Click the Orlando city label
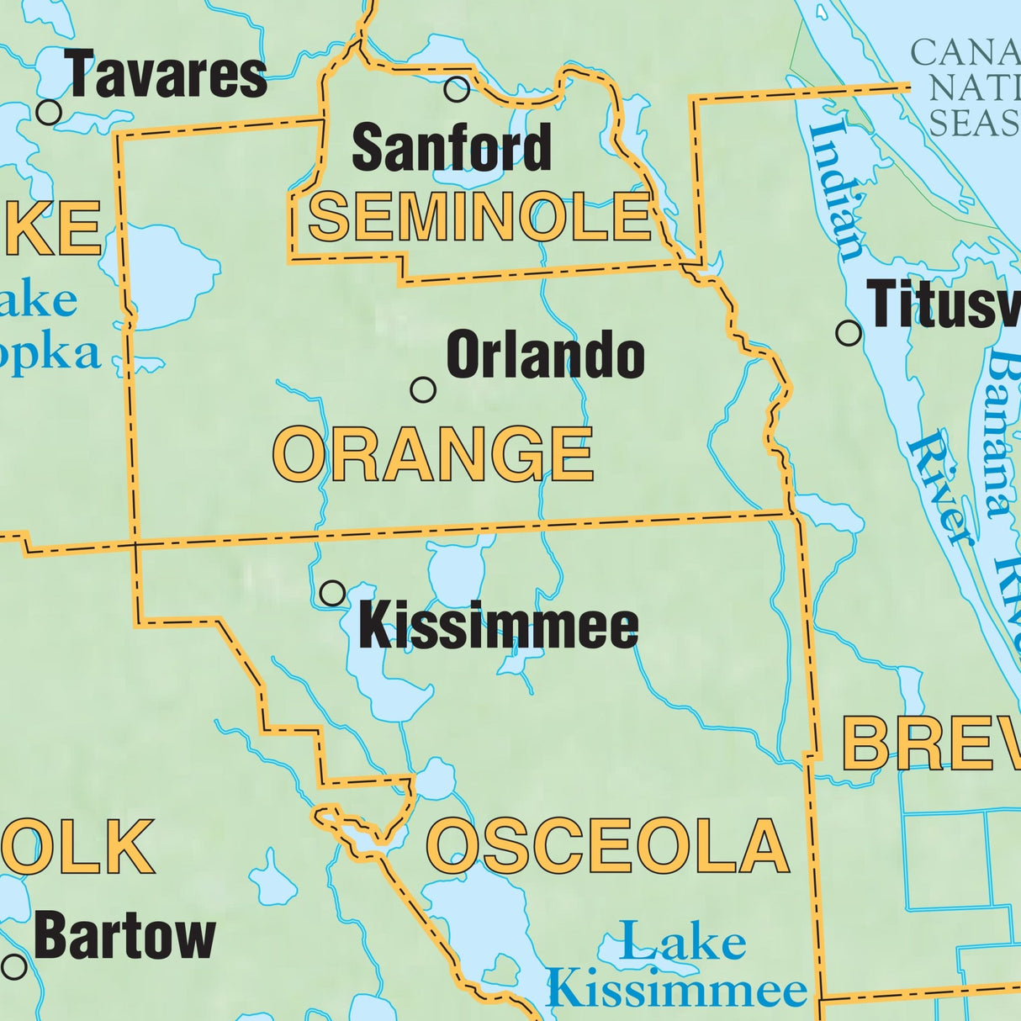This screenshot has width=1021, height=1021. (x=545, y=356)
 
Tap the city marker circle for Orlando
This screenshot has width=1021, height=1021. (x=423, y=389)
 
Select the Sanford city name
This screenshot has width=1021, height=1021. (x=452, y=148)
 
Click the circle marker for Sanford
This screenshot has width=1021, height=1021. (x=457, y=89)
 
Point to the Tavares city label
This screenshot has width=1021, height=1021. (x=167, y=75)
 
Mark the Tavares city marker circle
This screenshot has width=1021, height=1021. (x=50, y=111)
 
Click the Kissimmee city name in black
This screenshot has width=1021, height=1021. (x=499, y=627)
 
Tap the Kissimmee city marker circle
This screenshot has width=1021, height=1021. (x=333, y=593)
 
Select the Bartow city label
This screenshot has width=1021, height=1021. (x=125, y=937)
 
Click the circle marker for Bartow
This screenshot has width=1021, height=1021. (x=14, y=966)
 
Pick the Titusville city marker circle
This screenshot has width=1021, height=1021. (x=849, y=333)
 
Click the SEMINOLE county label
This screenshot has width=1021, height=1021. (x=480, y=216)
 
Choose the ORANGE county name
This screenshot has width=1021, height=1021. (x=434, y=454)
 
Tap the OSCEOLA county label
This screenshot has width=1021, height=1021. (x=608, y=846)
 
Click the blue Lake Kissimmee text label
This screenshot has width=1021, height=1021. (x=677, y=967)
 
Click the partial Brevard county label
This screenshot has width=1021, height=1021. (x=929, y=744)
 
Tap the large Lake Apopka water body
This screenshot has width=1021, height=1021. (x=168, y=273)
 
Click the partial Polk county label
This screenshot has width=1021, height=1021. (x=80, y=847)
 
